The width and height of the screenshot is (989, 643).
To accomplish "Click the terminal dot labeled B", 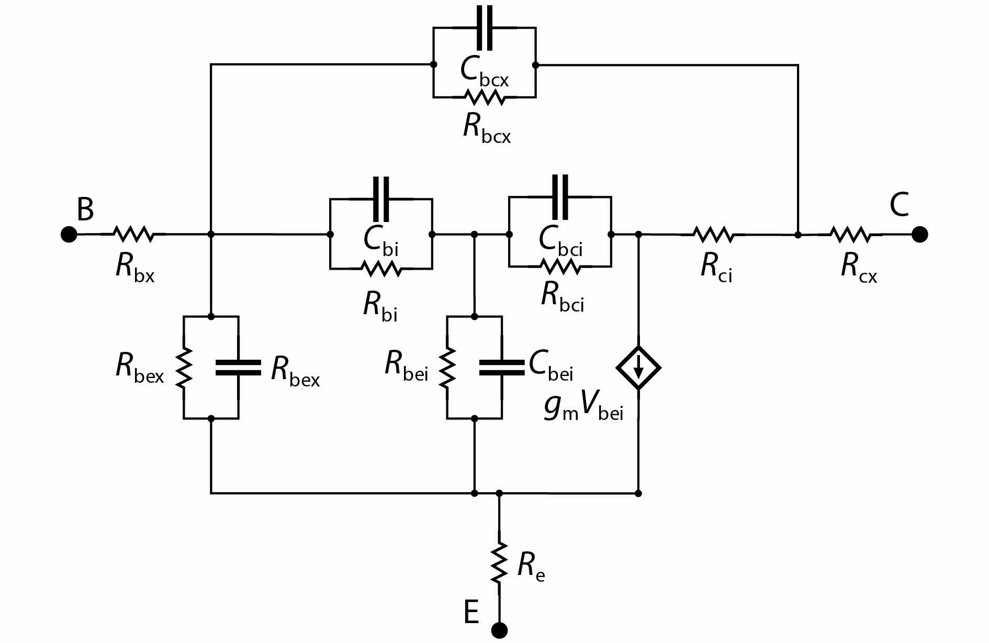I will [x=69, y=234].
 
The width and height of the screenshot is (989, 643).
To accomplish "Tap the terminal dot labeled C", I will [x=919, y=234].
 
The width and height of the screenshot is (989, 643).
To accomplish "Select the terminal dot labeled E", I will [x=500, y=630].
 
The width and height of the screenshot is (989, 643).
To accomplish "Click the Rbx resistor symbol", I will [x=133, y=234].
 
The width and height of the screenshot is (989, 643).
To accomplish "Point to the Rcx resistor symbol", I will [x=850, y=234].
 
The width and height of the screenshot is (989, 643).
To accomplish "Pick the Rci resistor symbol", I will [x=713, y=234].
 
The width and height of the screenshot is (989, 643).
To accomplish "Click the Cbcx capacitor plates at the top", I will [x=485, y=29].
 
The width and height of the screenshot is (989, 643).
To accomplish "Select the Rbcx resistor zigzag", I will [x=485, y=97].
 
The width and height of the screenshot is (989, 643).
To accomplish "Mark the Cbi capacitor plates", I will [x=381, y=199].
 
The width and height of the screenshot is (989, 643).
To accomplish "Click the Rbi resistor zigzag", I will [x=381, y=269].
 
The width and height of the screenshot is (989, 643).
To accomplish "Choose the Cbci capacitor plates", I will [x=560, y=198].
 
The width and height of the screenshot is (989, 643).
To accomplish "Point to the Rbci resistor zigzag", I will [x=560, y=267].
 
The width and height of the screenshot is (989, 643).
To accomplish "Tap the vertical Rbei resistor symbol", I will [x=447, y=368].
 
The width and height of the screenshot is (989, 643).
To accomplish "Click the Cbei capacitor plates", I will [x=502, y=368].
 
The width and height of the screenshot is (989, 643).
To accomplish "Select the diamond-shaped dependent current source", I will [x=638, y=368].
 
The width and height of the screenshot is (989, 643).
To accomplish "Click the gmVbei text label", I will [x=583, y=411].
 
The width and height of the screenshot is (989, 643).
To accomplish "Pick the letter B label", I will [x=85, y=209].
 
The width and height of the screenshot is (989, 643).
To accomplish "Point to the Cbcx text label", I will [x=484, y=71].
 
